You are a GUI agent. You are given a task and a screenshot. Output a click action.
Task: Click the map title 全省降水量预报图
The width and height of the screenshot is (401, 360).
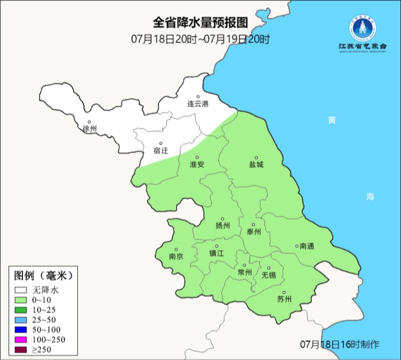200,23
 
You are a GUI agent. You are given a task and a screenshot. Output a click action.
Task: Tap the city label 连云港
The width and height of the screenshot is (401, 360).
198,104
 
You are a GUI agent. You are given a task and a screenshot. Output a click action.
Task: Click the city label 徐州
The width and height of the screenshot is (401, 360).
90,129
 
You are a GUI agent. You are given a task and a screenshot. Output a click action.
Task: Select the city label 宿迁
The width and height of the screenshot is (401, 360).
161,150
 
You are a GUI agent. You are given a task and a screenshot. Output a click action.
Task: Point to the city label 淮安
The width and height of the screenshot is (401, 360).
197,164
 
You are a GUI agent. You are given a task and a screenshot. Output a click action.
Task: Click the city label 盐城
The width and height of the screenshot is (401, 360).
256,164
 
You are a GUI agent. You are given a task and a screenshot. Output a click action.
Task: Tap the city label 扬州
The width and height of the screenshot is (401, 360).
223,226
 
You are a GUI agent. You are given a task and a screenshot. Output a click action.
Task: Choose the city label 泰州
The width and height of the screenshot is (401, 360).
254,232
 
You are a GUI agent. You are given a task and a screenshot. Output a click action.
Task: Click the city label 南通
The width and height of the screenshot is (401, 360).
307,246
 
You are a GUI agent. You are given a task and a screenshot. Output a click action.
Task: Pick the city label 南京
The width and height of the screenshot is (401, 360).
176,256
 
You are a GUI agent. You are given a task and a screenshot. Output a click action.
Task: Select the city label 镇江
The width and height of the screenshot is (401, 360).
217,253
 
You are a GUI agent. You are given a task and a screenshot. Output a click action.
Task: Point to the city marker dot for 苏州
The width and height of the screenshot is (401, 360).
284,292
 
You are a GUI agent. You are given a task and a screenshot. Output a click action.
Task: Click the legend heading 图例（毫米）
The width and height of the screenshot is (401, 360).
43,276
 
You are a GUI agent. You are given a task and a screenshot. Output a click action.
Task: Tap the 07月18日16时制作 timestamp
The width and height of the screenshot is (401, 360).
340,344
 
